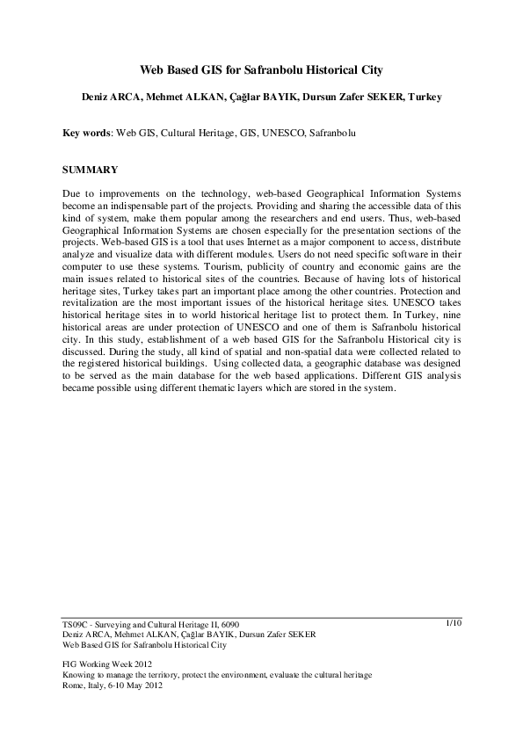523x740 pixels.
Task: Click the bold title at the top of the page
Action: pyautogui.click(x=261, y=68)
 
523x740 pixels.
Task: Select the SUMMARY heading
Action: pyautogui.click(x=90, y=167)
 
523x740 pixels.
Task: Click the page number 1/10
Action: pyautogui.click(x=454, y=622)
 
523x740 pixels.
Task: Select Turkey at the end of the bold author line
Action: pyautogui.click(x=424, y=97)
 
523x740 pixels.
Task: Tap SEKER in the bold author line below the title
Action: pyautogui.click(x=385, y=97)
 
